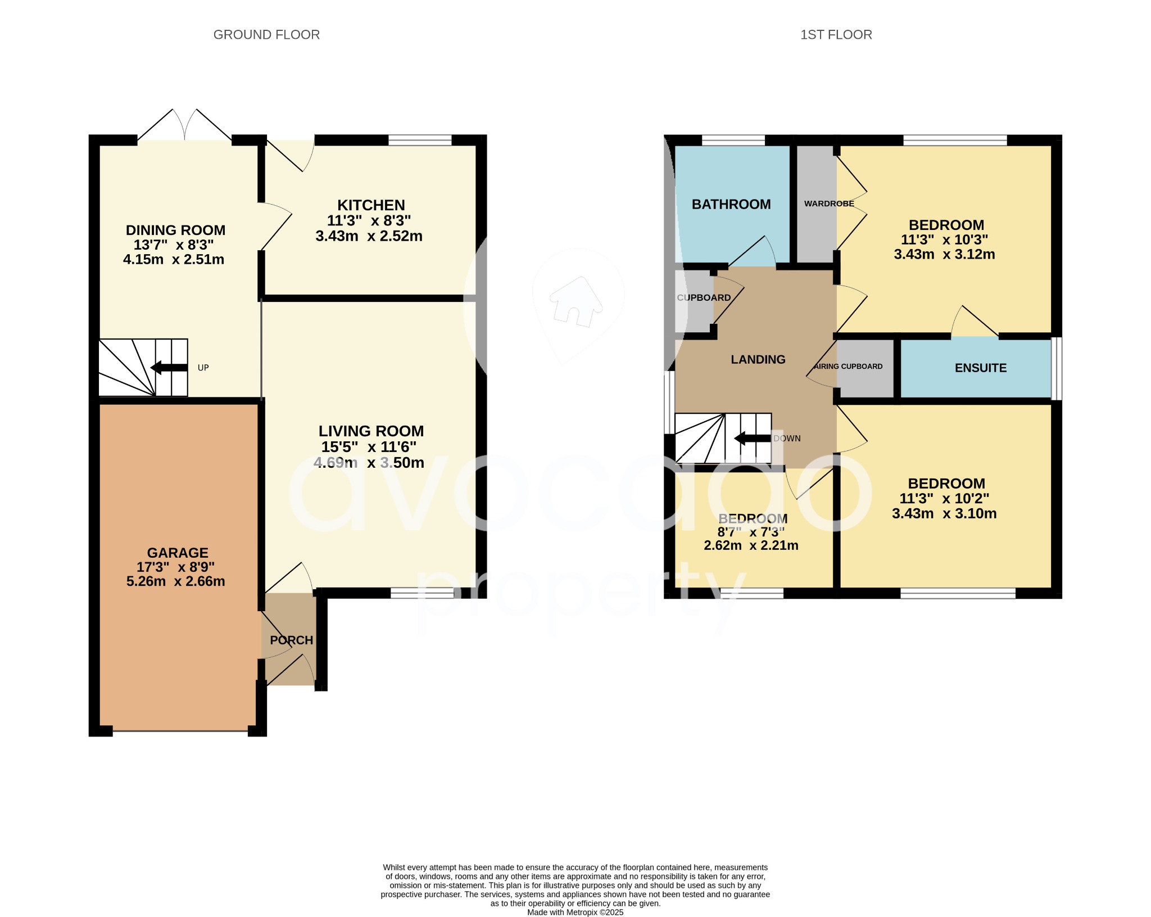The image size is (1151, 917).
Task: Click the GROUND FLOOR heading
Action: coord(266,35)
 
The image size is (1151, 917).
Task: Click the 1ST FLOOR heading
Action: coord(836,35)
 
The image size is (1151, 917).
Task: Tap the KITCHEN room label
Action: coord(371,205)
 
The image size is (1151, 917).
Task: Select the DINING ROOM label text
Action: coord(175,230)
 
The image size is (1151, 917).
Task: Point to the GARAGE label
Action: coord(178,553)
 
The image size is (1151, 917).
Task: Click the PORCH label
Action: coord(291,640)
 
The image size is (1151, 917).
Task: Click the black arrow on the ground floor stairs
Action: coord(169,368)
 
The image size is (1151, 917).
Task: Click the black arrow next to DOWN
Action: coord(753,439)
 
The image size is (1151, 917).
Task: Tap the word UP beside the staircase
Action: coord(203,368)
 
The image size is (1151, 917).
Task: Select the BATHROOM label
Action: coord(731,204)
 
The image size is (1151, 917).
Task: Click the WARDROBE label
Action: coord(828,204)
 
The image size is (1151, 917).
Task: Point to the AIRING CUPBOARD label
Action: coord(848,366)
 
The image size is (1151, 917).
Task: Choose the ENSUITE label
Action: coord(980,368)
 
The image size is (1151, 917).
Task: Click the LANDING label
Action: coord(758,359)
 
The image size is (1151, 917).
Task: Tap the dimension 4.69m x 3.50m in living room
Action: coord(369,463)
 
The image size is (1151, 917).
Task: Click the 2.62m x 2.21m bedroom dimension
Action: coord(751,545)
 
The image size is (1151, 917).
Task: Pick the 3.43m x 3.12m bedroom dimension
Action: coord(944,254)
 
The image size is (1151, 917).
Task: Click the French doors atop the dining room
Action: coord(185,125)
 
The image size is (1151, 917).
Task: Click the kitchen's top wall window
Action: coord(420,140)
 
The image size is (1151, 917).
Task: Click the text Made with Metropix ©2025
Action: coord(575,912)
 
